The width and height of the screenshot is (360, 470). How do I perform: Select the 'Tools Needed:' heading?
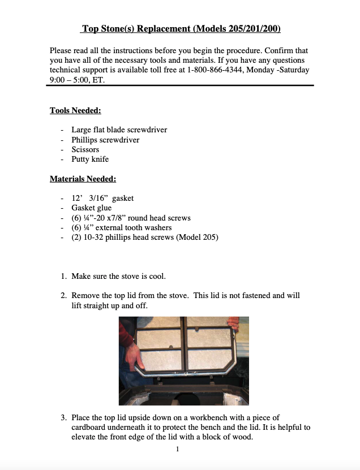point(75,110)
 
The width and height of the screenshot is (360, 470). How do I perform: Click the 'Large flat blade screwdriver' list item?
point(119,130)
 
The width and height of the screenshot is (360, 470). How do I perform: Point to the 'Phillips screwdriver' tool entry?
point(105,140)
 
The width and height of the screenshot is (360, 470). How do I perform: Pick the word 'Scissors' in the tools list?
point(85,149)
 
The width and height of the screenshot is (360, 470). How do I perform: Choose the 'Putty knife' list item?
point(90,159)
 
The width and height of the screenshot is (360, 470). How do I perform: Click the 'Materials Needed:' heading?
point(83,179)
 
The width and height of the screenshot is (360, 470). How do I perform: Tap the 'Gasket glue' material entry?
point(92,208)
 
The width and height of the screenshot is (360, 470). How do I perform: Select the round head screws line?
point(131,218)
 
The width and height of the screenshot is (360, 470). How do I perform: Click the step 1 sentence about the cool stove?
point(118,276)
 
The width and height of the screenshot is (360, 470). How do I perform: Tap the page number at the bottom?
point(177,449)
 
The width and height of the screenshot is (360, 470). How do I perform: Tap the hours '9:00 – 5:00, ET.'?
point(78,80)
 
